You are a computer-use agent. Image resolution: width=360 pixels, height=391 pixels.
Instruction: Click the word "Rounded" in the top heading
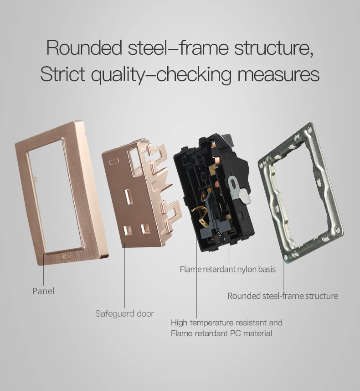[84, 48]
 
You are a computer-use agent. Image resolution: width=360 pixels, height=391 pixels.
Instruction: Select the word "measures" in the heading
[280, 74]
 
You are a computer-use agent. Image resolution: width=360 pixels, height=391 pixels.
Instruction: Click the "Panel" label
[43, 291]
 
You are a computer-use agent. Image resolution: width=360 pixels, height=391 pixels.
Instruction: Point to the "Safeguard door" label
[124, 313]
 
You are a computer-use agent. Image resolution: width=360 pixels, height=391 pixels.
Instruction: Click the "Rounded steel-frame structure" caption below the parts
[283, 296]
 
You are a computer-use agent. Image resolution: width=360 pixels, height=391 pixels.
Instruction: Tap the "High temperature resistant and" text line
[226, 323]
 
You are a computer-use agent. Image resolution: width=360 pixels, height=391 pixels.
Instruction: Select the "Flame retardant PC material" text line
[221, 334]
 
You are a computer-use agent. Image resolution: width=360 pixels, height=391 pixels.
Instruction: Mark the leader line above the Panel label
[44, 269]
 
